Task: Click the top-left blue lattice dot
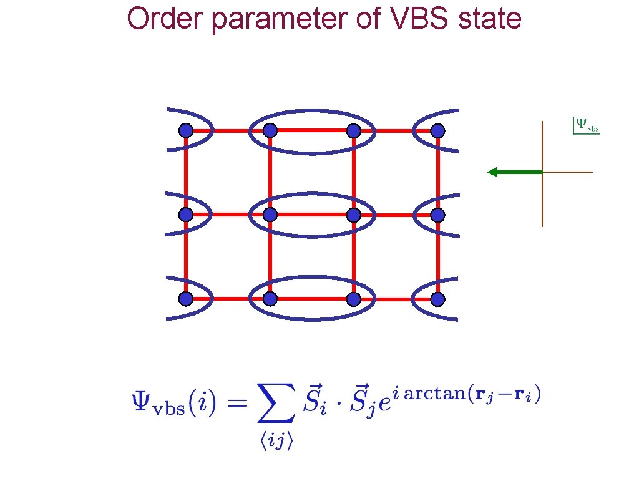(x=185, y=131)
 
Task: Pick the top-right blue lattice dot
(x=437, y=131)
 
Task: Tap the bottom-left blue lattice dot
(x=185, y=299)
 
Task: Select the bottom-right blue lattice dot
(x=437, y=299)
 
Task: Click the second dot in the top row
(x=270, y=131)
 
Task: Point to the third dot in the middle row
(x=354, y=215)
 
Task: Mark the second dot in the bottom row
(x=270, y=299)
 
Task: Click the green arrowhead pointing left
(x=492, y=172)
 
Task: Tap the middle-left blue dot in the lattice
(x=185, y=215)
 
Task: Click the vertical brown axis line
(x=542, y=200)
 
